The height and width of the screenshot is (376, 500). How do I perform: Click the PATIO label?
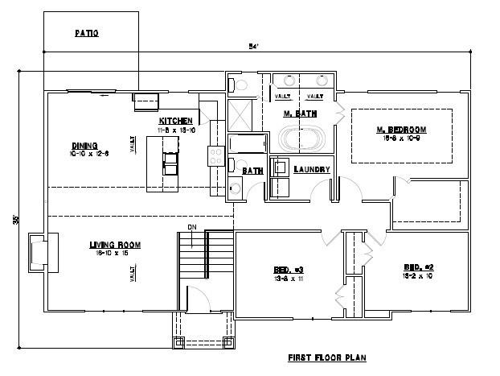tap(87, 33)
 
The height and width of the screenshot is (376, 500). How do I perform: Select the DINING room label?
tap(84, 146)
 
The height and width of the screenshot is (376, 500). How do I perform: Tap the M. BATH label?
tap(299, 114)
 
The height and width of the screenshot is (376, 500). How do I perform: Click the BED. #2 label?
tap(419, 267)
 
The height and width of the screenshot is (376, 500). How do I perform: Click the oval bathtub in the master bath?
tap(299, 138)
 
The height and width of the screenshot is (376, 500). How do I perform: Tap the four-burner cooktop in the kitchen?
tap(215, 155)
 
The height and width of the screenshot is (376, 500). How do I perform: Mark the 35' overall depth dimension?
tap(14, 219)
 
